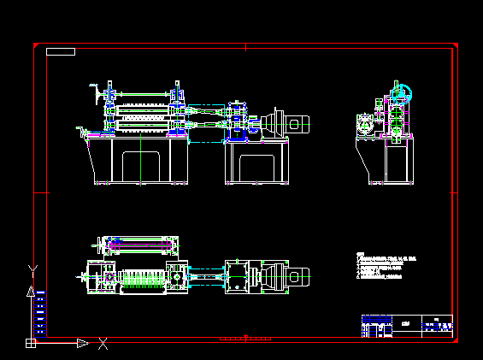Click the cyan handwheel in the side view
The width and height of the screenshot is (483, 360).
pyautogui.click(x=401, y=93)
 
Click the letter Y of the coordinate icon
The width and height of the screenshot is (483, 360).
pyautogui.click(x=32, y=270)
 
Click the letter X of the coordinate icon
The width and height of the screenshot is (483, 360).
pyautogui.click(x=103, y=344)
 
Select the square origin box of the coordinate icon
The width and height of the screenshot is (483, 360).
pyautogui.click(x=31, y=344)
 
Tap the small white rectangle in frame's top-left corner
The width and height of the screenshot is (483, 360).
pyautogui.click(x=61, y=52)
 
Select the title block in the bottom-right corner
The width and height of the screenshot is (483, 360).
pyautogui.click(x=407, y=326)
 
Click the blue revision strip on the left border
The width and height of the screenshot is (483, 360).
pyautogui.click(x=41, y=313)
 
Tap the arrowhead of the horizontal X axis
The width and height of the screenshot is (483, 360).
pyautogui.click(x=83, y=344)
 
